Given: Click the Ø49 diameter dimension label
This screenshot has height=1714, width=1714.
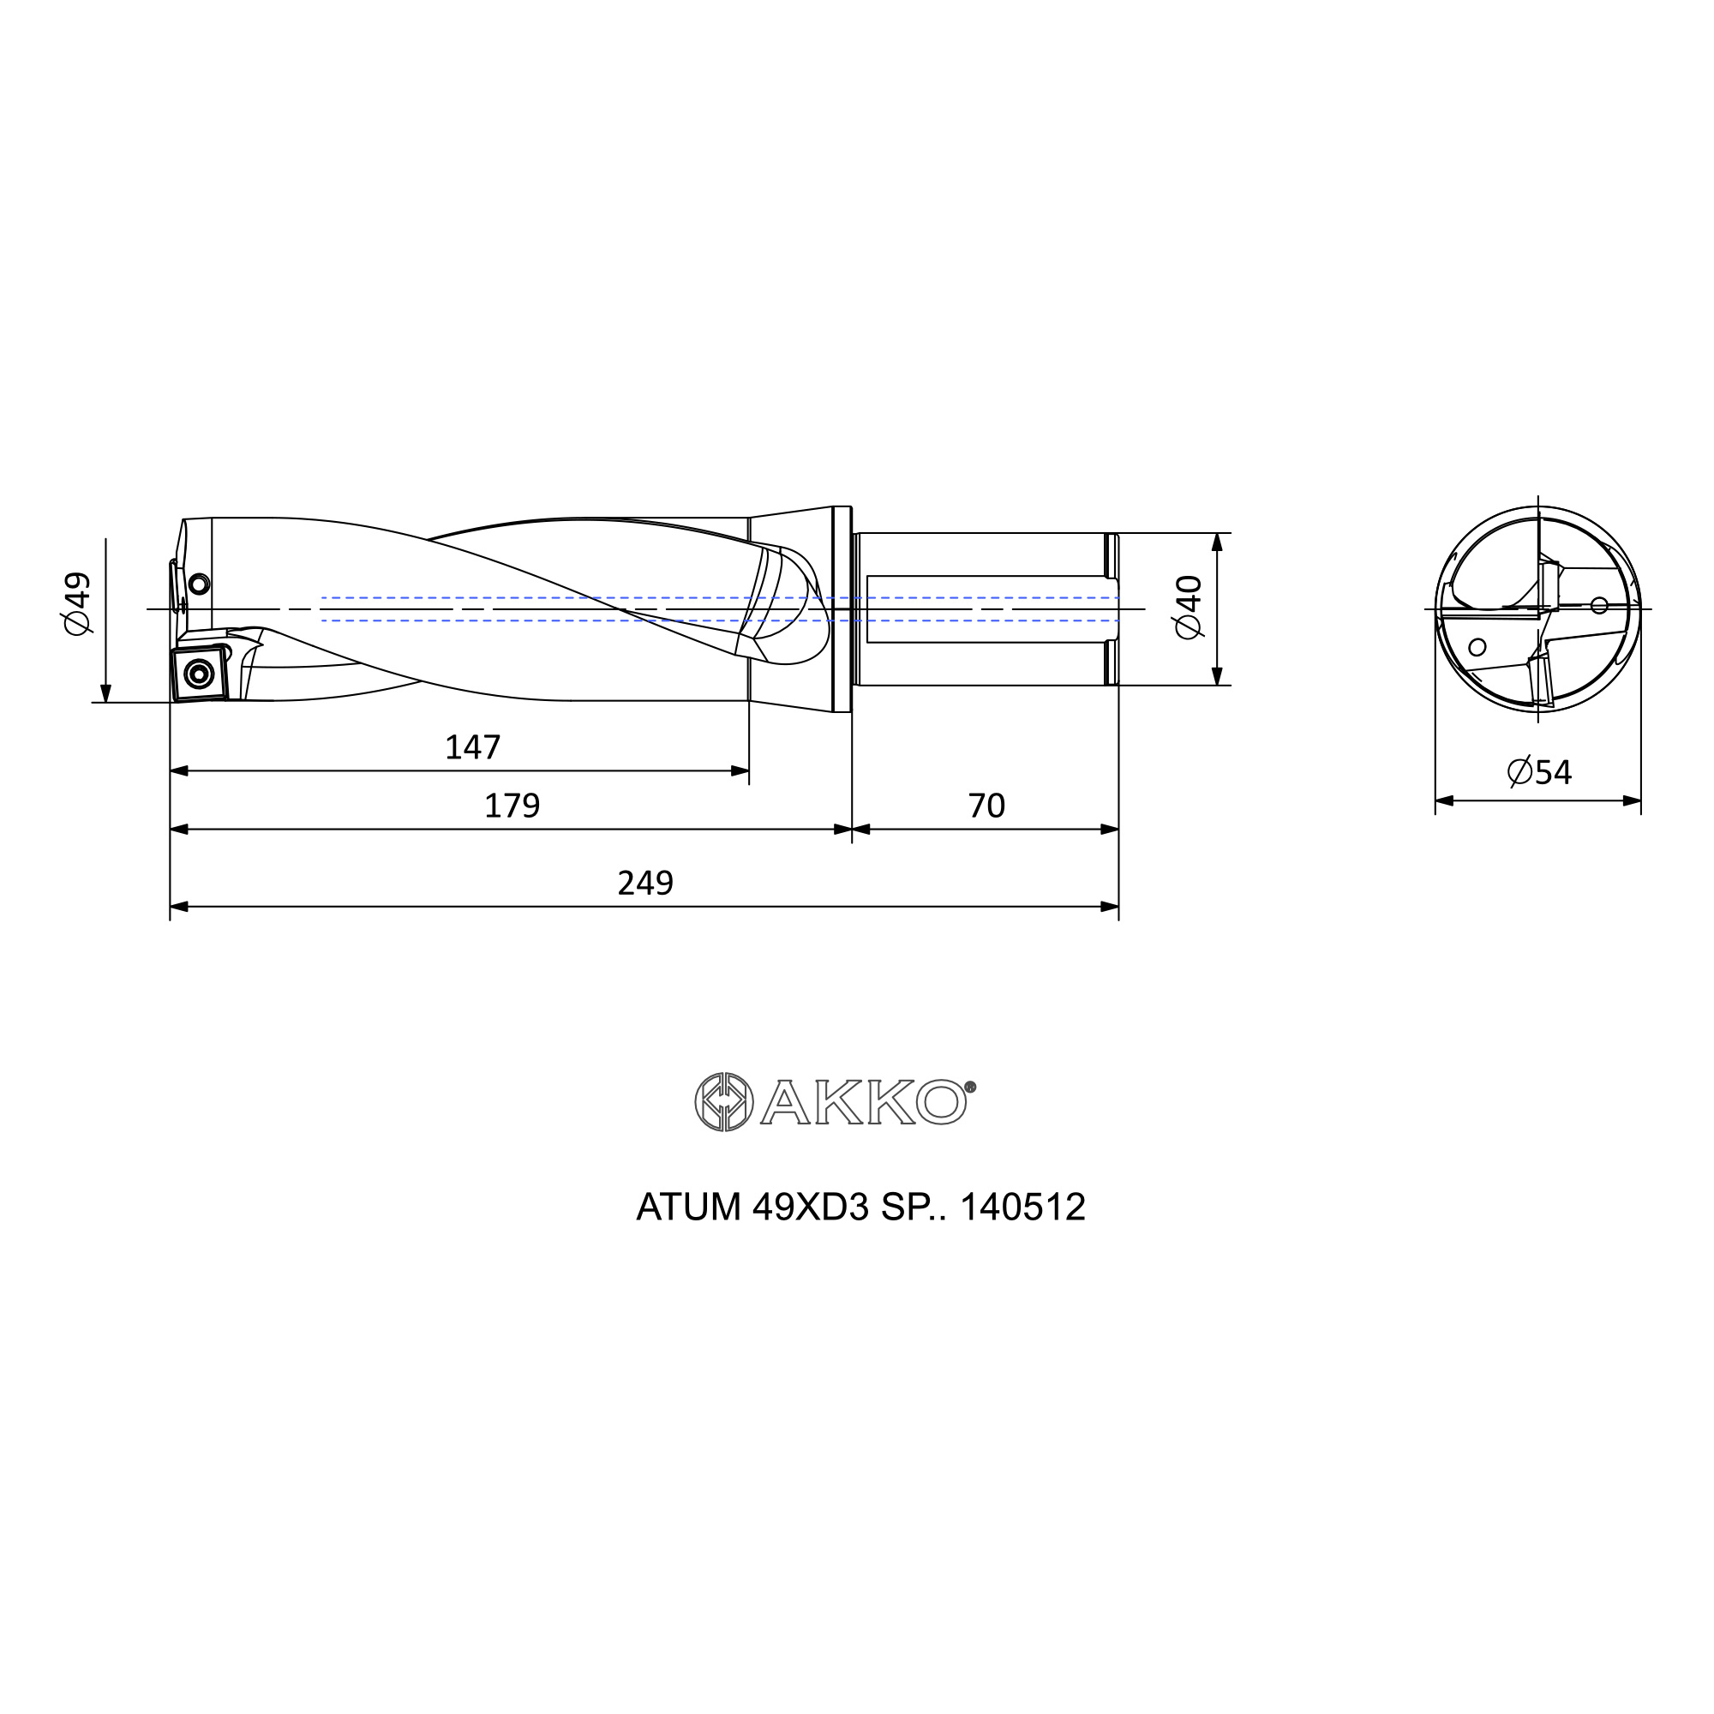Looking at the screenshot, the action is coord(78,603).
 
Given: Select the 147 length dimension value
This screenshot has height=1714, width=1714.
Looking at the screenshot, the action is coord(473,748).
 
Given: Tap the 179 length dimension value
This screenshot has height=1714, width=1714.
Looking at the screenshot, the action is coord(512,806).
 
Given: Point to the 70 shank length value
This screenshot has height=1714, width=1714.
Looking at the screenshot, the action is coord(986,806).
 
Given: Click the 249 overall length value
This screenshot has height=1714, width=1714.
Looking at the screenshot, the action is coord(645,883).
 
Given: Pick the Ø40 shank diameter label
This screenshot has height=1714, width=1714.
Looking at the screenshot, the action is coord(1188,607).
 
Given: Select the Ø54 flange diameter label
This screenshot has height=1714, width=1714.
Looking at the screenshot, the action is coord(1539,772).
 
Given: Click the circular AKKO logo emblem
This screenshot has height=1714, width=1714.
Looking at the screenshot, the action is coord(724,1102).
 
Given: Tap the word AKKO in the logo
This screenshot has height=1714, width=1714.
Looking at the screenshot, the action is coord(863,1103).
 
